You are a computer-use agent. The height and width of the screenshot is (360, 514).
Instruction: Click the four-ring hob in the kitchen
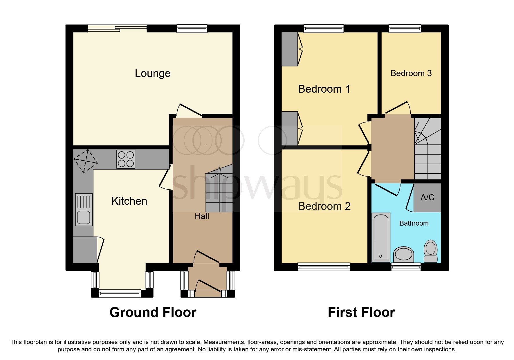[x=126, y=159]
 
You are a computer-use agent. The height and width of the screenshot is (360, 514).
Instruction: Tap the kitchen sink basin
[x=84, y=217]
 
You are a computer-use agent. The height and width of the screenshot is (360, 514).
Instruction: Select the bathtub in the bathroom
[x=381, y=237]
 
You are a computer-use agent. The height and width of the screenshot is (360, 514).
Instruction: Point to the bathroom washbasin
[x=404, y=255]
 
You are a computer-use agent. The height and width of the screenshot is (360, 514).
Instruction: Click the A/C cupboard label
[x=427, y=197]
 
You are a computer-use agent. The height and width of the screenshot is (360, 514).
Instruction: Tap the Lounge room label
[x=153, y=73]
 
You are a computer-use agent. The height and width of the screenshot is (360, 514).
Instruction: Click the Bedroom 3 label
[x=411, y=73]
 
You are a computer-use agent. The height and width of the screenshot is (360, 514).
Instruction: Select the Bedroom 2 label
[x=324, y=206]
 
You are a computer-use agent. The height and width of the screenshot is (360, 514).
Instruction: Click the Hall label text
[x=202, y=216]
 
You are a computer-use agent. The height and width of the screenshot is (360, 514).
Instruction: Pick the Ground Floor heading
[x=153, y=312]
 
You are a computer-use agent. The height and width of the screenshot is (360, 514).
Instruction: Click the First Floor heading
[x=361, y=312]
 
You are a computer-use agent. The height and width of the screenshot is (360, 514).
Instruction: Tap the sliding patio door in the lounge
[x=117, y=28]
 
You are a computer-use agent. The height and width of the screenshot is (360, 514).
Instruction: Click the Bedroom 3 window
[x=405, y=28]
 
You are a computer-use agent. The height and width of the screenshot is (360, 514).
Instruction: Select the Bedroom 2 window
[x=324, y=267]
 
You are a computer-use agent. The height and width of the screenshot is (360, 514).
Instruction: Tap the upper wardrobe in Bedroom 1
[x=290, y=49]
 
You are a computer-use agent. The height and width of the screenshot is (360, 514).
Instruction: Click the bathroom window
[x=406, y=267]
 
